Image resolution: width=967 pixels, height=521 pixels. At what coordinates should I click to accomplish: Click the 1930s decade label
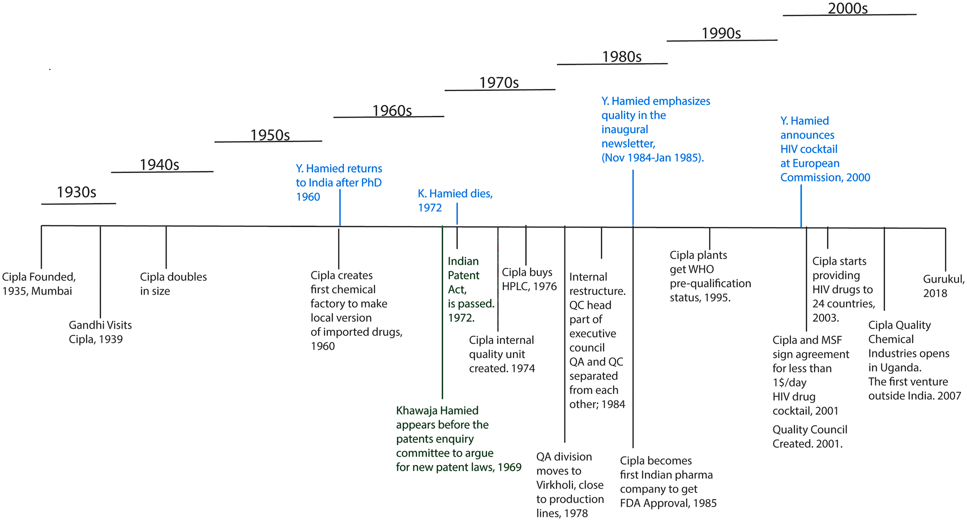pos(76,192)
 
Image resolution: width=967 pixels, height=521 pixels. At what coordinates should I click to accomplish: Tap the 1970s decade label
pos(499,83)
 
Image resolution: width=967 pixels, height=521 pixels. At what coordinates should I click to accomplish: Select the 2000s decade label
pos(847,9)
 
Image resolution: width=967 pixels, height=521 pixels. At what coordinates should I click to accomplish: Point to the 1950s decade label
pos(270,135)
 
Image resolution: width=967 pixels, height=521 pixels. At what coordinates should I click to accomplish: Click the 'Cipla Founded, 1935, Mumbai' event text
pos(39,284)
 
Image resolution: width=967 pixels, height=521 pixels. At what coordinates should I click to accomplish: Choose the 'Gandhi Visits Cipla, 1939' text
pos(100,332)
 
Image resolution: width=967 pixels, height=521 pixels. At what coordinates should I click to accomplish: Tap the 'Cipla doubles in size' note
pos(173,284)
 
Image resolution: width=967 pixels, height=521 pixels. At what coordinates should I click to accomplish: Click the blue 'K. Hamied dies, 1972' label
pos(454,200)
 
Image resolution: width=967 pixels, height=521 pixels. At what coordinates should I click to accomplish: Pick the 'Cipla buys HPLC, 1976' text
pos(529,279)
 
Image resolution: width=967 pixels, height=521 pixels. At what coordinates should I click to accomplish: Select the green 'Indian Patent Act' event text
pos(470,289)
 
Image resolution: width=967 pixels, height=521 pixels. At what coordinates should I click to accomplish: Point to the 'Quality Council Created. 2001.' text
pos(810,436)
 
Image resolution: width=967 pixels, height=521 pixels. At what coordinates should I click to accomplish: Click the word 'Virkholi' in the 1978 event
pos(556,485)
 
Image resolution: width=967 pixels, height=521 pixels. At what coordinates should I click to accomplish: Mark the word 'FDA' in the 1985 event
pos(630,503)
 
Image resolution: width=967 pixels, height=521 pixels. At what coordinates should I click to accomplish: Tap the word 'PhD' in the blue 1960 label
pos(371,183)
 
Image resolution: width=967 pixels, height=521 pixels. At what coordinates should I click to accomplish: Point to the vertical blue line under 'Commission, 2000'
pos(801,205)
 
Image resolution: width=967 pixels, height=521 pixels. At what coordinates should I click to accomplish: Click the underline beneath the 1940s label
pos(162,172)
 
